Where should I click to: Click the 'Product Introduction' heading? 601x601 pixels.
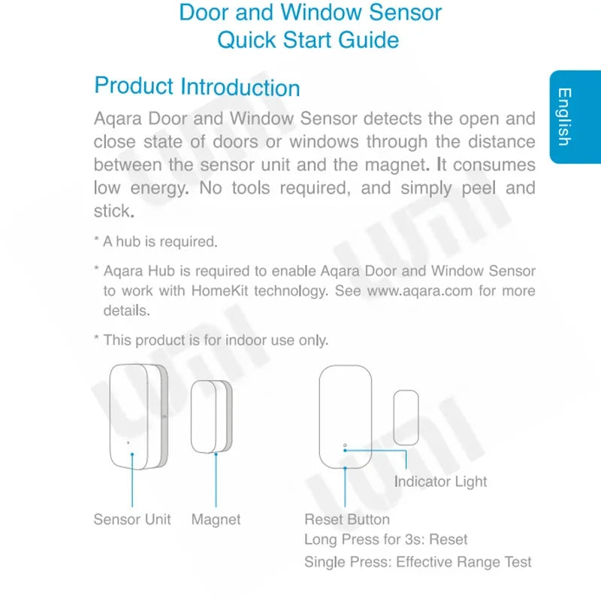197,86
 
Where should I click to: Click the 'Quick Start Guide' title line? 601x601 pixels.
308,40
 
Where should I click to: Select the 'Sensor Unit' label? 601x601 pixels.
132,519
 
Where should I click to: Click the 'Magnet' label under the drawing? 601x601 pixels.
216,519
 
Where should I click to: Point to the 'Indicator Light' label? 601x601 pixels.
440,482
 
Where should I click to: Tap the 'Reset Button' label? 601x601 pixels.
347,519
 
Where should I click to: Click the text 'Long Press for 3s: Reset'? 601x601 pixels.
385,539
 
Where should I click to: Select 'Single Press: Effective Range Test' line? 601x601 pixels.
418,561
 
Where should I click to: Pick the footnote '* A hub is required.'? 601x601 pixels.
156,242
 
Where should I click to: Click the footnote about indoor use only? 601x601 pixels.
211,340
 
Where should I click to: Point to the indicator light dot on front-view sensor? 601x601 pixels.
345,445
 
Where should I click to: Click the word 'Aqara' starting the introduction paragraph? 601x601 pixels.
117,119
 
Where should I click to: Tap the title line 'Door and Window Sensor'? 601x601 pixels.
310,13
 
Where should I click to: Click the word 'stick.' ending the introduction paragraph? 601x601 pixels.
113,211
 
